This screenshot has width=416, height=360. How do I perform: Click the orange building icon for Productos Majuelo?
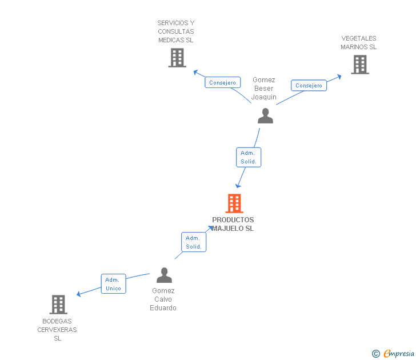(x=234, y=203)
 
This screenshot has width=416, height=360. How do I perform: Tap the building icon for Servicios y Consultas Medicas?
(x=177, y=58)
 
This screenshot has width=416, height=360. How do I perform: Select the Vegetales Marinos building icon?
(x=359, y=65)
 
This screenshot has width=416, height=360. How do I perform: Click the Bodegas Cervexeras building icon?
(x=58, y=305)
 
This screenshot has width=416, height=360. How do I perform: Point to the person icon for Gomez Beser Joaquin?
(x=265, y=116)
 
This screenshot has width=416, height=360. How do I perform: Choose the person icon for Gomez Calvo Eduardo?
(x=164, y=275)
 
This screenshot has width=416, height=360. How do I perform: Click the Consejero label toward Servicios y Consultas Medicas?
(x=222, y=83)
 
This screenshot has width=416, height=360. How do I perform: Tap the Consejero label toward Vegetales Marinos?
(x=309, y=86)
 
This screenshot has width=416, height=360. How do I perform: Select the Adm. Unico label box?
(x=113, y=284)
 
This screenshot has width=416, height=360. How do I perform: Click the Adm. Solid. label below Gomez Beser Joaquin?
(x=249, y=157)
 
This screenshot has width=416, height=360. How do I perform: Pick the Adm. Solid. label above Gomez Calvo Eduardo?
(x=194, y=242)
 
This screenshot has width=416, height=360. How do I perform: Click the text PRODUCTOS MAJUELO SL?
(x=233, y=224)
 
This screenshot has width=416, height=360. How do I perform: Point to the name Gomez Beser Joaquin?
(x=264, y=89)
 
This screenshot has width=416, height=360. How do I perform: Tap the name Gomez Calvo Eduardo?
(x=163, y=299)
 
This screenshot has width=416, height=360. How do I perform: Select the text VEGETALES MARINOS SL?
(x=359, y=43)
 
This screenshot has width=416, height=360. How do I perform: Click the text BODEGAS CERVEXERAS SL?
(x=57, y=330)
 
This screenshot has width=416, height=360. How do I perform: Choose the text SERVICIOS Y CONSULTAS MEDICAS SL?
(x=176, y=32)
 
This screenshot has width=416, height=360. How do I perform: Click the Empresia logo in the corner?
(x=399, y=353)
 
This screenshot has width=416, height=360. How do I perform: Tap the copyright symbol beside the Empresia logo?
(x=376, y=354)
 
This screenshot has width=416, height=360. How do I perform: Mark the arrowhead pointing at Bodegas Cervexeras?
(x=79, y=294)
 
